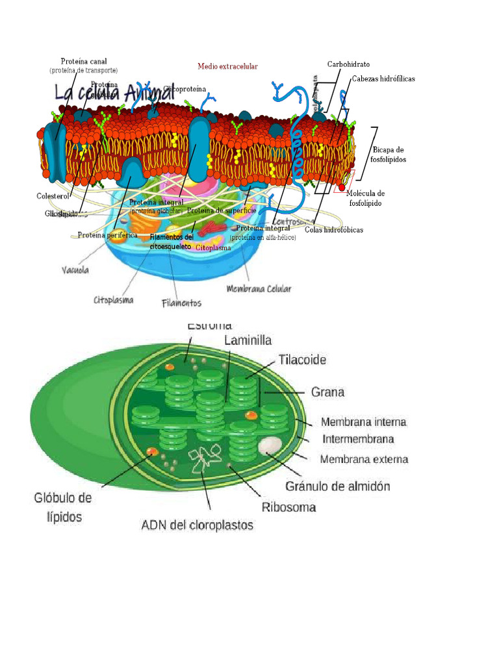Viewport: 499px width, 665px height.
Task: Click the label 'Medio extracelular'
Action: coord(227,67)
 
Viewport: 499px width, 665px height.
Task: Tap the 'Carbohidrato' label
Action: coord(348,65)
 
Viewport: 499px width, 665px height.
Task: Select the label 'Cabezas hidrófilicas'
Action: coord(383,79)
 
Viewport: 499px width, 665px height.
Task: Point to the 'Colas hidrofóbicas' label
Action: coord(333,230)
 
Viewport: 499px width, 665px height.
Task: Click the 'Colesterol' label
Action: coord(53,195)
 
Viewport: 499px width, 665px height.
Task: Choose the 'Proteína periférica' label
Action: coord(107,235)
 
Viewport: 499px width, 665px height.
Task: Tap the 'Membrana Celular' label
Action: coord(259,288)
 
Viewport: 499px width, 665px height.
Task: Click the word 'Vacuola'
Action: coord(76,270)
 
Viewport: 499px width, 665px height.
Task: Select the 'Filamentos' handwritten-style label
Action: coord(181,303)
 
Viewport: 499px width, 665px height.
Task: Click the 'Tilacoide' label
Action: coord(302,359)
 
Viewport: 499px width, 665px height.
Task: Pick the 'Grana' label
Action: coord(327,392)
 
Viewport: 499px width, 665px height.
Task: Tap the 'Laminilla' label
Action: coord(248,340)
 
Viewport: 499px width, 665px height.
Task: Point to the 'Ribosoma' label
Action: coord(289,507)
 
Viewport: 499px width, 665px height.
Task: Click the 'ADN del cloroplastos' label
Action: coord(198,525)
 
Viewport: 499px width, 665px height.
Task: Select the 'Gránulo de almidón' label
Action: coord(338,486)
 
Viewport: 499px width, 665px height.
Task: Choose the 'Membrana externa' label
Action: coord(365,459)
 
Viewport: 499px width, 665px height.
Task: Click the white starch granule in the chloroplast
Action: coord(270,445)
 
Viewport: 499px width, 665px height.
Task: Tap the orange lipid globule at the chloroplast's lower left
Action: coord(151,452)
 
